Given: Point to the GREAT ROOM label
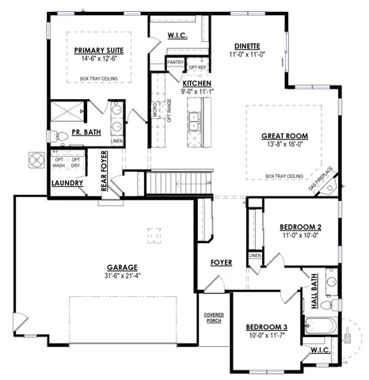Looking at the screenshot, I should (283, 135).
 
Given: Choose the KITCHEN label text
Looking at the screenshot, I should (196, 82).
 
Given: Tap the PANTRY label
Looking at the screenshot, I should (175, 61).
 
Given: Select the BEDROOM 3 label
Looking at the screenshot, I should (265, 327).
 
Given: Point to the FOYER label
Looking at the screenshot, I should (221, 262).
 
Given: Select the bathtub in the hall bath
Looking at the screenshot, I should (322, 326).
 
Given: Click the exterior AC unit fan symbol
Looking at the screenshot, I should (36, 160).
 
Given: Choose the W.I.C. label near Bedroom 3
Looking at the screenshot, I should (321, 350).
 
